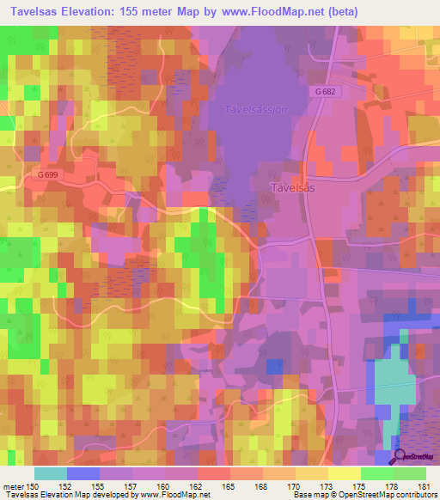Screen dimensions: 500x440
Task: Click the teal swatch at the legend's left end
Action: pos(50,473)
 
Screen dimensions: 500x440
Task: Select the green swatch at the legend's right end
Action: pos(409,473)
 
